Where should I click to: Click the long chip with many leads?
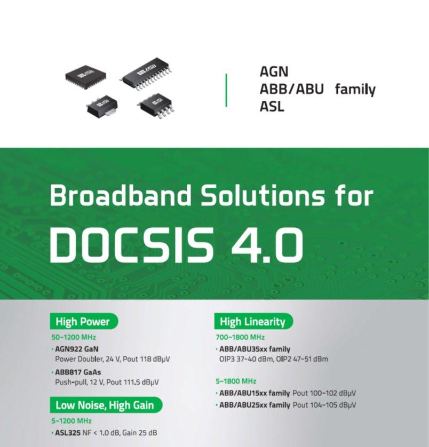pos(147,74)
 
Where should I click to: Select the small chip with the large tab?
pos(102,106)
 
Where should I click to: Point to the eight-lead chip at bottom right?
pos(156,106)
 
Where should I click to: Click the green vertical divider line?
pos(226,90)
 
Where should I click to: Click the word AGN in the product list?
pos(274,71)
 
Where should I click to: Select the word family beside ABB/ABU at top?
pos(355,89)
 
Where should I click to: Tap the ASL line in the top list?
pos(272,107)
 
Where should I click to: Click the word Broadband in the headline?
pos(120,195)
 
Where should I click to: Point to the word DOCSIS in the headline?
pos(131,245)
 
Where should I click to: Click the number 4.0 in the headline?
pos(267,245)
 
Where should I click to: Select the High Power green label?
pos(84,321)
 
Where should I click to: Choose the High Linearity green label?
pos(253,321)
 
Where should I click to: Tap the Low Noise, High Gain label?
pos(106,405)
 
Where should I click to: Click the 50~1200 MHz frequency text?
pos(74,337)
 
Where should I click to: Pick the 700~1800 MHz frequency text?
pos(240,337)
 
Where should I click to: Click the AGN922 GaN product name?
pos(76,349)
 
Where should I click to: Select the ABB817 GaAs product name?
pos(78,372)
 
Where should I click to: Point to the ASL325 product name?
pos(68,433)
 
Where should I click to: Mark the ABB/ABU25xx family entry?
pos(255,405)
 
